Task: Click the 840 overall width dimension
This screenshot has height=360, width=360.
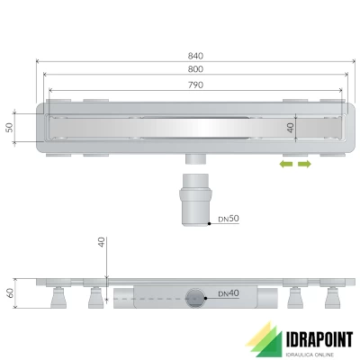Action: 195,56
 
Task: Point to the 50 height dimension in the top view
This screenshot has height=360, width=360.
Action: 11,128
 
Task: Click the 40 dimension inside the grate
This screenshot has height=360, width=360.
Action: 290,128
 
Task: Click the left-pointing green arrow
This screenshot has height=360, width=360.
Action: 284,166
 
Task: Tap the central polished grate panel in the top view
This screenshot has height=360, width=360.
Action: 195,128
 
